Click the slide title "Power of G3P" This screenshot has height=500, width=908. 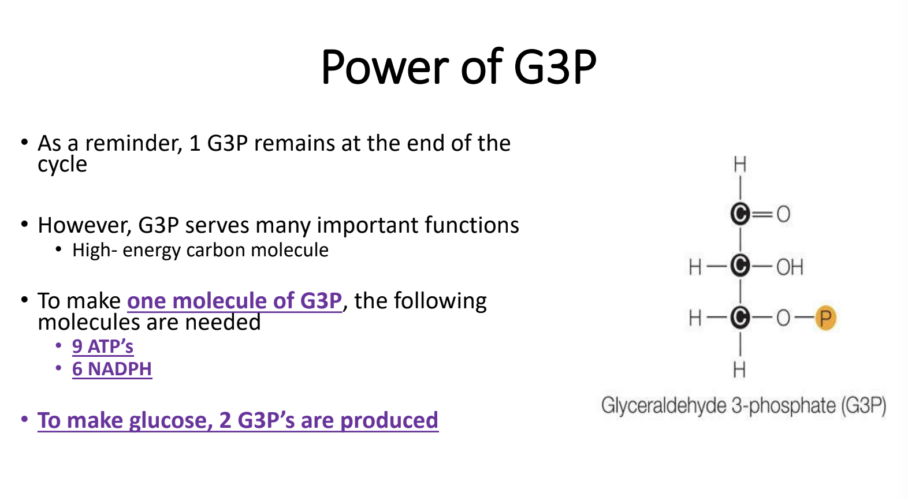[x=459, y=67]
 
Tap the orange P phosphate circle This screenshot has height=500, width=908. [x=826, y=318]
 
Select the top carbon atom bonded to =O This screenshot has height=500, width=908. [x=740, y=214]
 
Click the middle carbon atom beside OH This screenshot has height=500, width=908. [x=740, y=266]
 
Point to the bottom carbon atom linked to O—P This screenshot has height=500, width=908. [x=740, y=318]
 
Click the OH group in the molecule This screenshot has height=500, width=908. [x=790, y=267]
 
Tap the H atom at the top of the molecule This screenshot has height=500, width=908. [x=740, y=165]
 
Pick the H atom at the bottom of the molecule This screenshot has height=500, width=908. [x=740, y=370]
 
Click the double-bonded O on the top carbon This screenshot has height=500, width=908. [x=784, y=214]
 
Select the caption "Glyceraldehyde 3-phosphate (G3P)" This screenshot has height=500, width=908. [x=744, y=405]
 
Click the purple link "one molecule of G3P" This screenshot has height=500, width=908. [x=235, y=301]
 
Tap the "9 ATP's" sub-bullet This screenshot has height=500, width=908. [x=103, y=346]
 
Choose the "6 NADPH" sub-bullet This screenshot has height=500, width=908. [x=112, y=369]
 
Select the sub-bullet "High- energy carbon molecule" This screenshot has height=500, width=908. [x=200, y=250]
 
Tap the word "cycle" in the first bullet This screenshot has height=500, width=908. [x=62, y=165]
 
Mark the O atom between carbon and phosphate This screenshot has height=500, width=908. [x=784, y=318]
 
